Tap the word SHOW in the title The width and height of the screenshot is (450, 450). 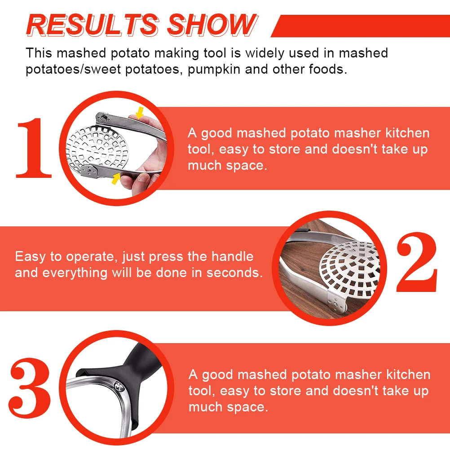[212, 25]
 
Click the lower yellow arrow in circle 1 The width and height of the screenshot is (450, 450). [116, 178]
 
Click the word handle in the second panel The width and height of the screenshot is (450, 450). [232, 256]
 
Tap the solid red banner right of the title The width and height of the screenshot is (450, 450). [359, 26]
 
